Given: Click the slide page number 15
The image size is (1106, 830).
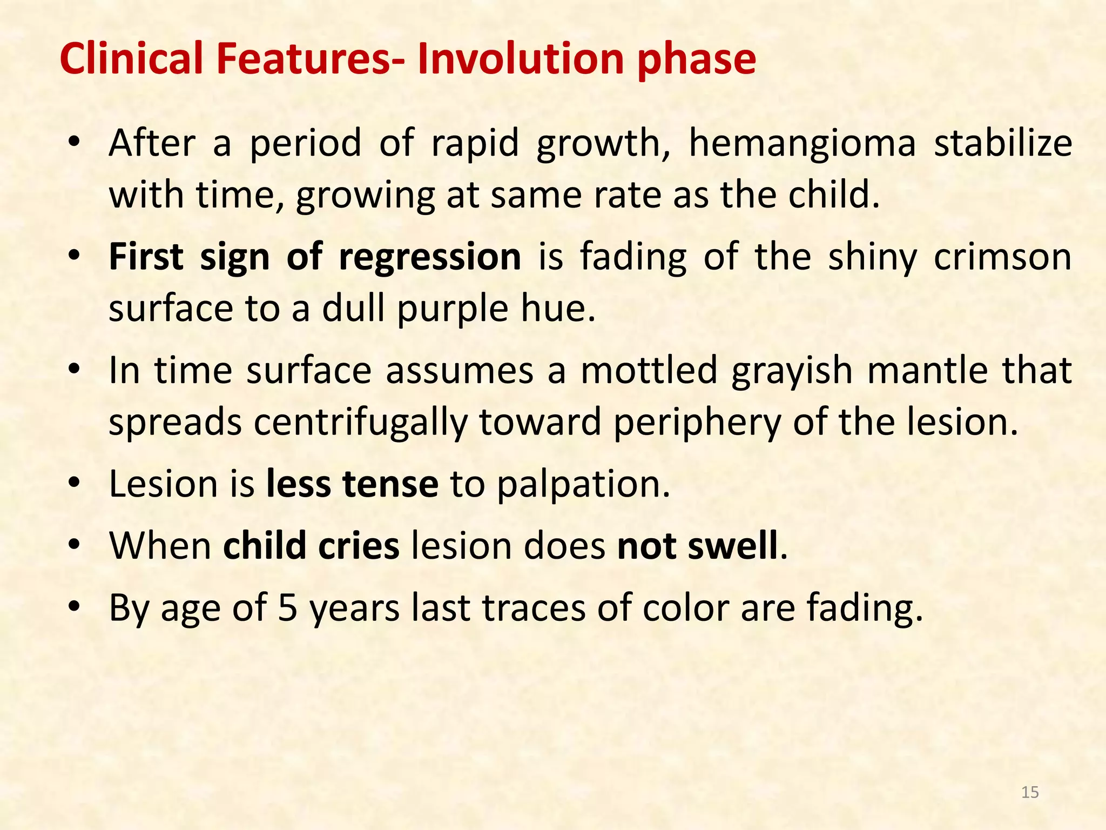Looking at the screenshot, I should pyautogui.click(x=1030, y=792).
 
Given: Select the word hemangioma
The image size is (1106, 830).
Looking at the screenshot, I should pyautogui.click(x=802, y=145).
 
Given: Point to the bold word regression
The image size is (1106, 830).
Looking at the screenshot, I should pyautogui.click(x=429, y=258).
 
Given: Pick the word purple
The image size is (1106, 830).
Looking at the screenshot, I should pyautogui.click(x=453, y=309).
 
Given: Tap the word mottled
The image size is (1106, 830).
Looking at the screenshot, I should pyautogui.click(x=649, y=371).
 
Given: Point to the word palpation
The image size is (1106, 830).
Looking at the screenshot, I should pyautogui.click(x=583, y=484).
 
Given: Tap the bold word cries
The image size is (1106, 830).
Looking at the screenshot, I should pyautogui.click(x=359, y=546).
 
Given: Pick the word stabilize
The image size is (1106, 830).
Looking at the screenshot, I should pyautogui.click(x=1003, y=145).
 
